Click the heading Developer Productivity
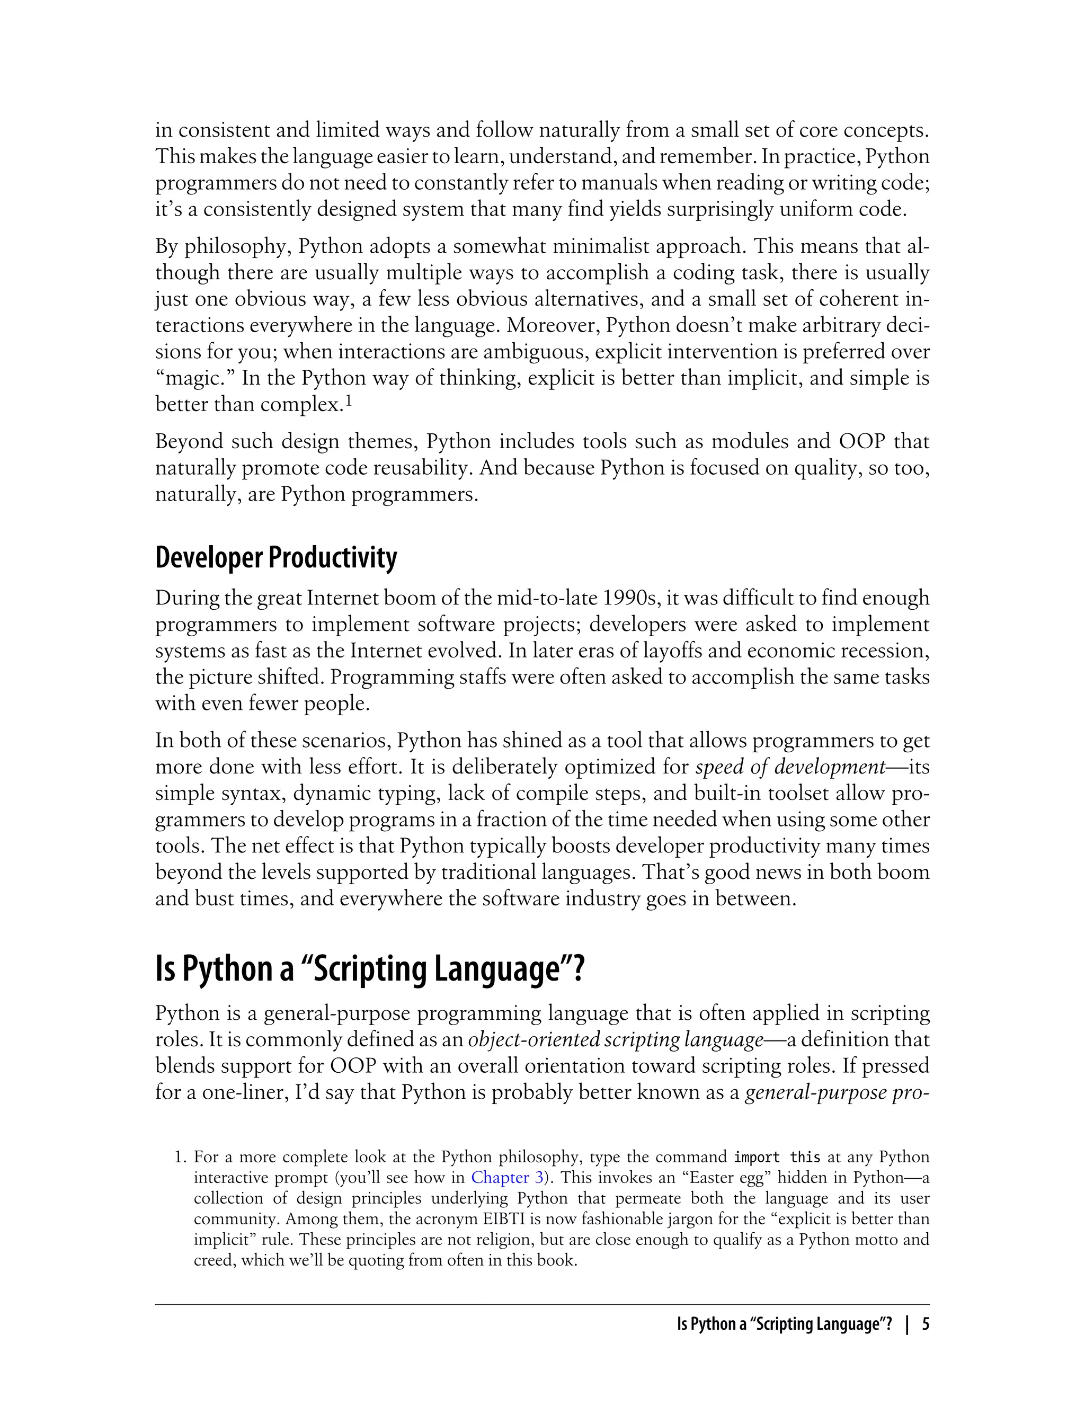tap(276, 557)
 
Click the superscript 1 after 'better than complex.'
tap(348, 401)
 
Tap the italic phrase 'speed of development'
tap(790, 767)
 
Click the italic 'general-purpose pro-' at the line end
tap(837, 1092)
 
